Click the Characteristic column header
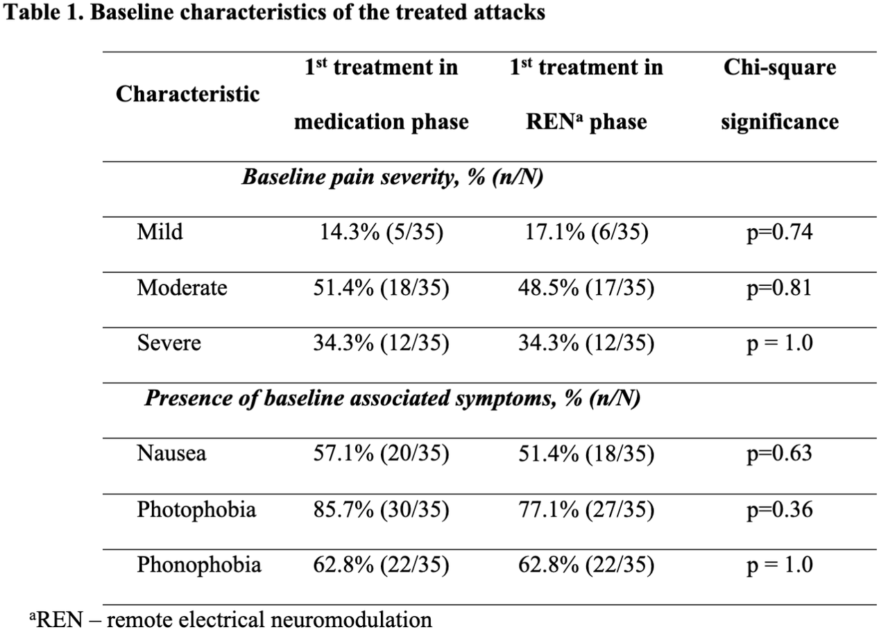(187, 94)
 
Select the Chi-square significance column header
(780, 94)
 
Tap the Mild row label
(160, 232)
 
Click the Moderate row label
(182, 287)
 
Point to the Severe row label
(169, 343)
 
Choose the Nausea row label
(171, 453)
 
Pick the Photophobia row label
(196, 509)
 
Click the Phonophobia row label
(199, 565)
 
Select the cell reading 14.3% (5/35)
(382, 232)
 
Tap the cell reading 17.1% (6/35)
(586, 232)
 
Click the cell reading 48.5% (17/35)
(586, 288)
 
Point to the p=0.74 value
(780, 232)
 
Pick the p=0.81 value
(780, 288)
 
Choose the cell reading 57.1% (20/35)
(382, 454)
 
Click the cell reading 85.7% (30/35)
(382, 509)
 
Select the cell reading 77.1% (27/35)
(586, 509)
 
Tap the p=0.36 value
(780, 510)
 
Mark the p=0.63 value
(780, 454)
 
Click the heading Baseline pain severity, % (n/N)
(393, 177)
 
